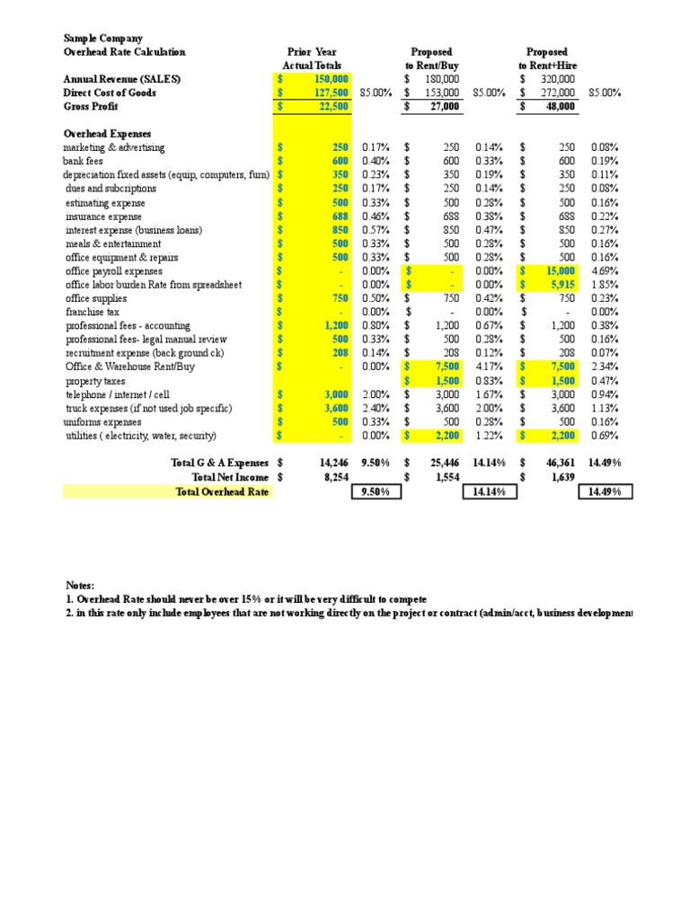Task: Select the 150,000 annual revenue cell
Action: click(331, 80)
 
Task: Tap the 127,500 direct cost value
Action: click(331, 93)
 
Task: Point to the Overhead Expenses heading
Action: click(107, 133)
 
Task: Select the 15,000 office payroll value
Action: click(562, 271)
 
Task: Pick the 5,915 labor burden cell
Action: click(565, 285)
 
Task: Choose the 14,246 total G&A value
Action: click(333, 462)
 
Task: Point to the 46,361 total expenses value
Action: click(562, 462)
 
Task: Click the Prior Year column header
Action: click(311, 52)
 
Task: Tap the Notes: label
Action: click(80, 585)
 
